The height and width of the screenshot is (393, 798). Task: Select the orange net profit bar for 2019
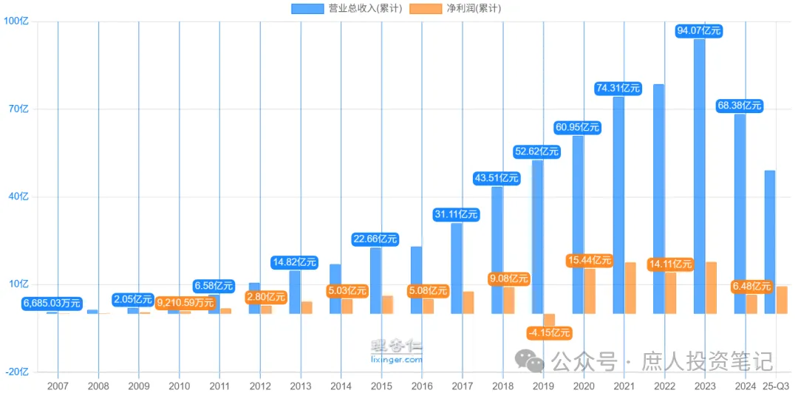[549, 319]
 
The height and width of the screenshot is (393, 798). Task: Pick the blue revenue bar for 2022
[658, 199]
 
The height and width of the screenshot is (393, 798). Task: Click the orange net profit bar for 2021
[630, 287]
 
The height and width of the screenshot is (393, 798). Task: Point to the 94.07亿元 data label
[699, 31]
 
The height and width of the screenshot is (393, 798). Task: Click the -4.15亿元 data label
[549, 333]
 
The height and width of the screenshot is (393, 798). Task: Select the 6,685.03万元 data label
[52, 303]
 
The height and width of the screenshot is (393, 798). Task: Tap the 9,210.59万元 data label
[185, 301]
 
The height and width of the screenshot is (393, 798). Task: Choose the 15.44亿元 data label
[589, 260]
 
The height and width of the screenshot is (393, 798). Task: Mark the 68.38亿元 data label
[739, 106]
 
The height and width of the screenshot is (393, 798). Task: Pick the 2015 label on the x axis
[381, 386]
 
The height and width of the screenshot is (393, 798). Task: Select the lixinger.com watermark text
[398, 360]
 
